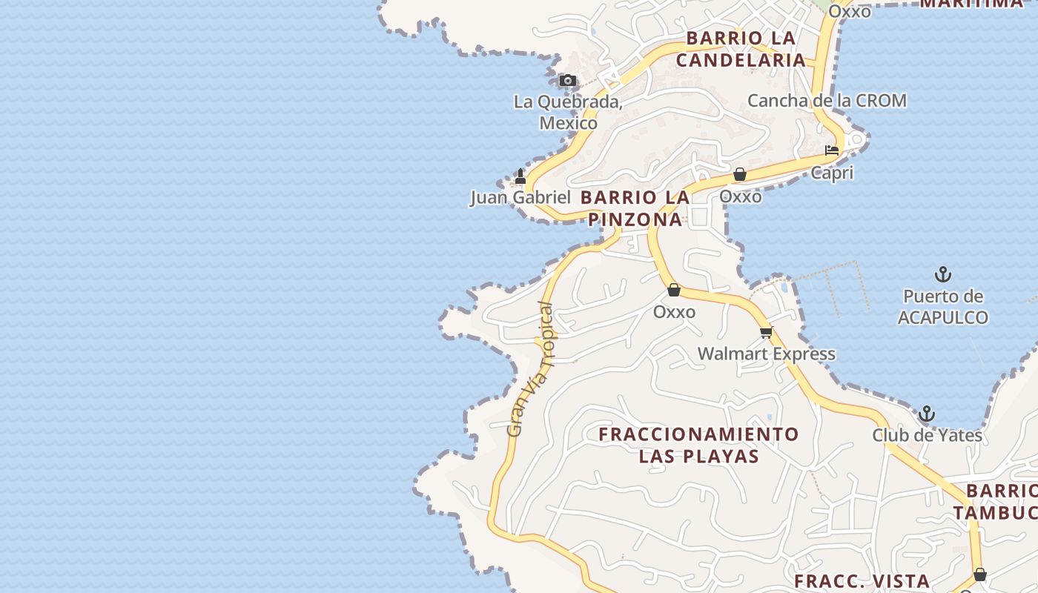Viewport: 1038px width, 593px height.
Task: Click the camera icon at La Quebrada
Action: pyautogui.click(x=567, y=80)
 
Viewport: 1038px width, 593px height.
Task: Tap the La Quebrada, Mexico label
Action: pyautogui.click(x=568, y=112)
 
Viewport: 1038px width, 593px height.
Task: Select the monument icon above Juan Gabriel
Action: pyautogui.click(x=520, y=176)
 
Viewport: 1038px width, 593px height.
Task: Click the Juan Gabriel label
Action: pyautogui.click(x=520, y=197)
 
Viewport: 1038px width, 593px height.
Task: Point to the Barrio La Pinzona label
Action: pyautogui.click(x=635, y=208)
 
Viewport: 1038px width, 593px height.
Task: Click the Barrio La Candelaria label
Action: pyautogui.click(x=740, y=49)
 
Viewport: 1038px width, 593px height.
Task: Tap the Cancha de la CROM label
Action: pyautogui.click(x=827, y=100)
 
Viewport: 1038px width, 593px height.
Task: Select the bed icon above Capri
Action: pyautogui.click(x=832, y=150)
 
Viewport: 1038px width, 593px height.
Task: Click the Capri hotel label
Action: pyautogui.click(x=832, y=173)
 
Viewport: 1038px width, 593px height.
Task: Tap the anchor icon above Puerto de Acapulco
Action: pyautogui.click(x=942, y=274)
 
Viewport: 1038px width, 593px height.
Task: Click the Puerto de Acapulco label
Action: pyautogui.click(x=942, y=307)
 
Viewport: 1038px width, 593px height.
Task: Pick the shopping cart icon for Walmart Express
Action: pyautogui.click(x=766, y=332)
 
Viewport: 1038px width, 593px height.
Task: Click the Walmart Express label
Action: pyautogui.click(x=766, y=354)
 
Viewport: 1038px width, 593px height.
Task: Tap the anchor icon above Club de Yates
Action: pyautogui.click(x=927, y=414)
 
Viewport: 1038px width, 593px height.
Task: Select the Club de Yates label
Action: pyautogui.click(x=927, y=435)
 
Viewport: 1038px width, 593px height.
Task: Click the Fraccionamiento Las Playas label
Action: pyautogui.click(x=698, y=445)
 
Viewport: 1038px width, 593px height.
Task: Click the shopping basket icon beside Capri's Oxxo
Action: pyautogui.click(x=739, y=175)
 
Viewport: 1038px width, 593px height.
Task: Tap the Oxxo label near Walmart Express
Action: pyautogui.click(x=674, y=312)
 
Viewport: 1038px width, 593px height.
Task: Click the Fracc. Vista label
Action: pyautogui.click(x=862, y=581)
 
